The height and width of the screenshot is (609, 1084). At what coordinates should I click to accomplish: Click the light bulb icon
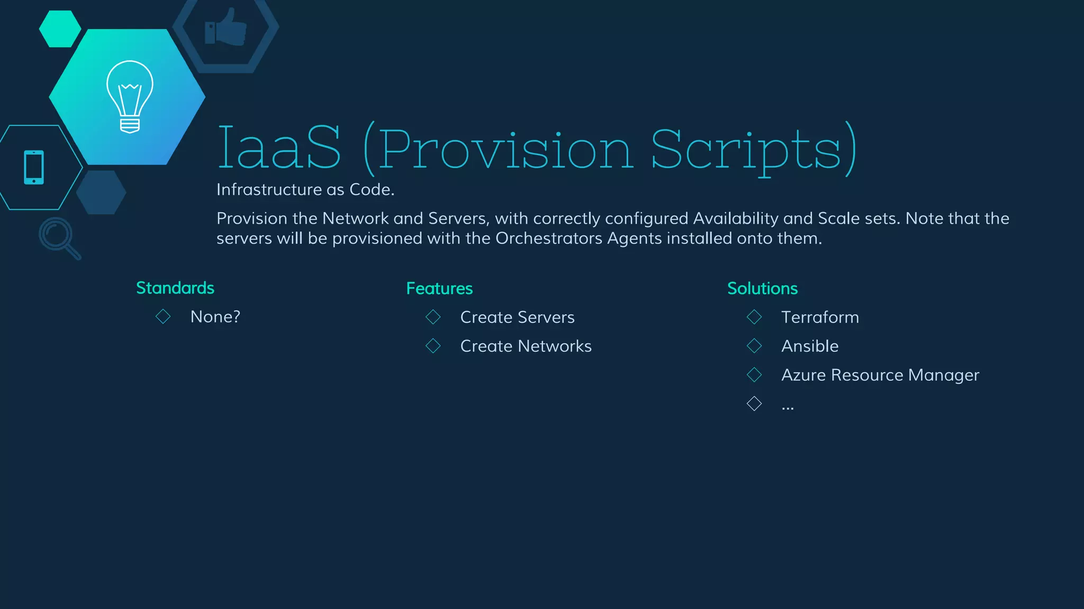pyautogui.click(x=130, y=96)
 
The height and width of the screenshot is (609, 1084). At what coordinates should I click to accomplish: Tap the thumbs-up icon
pyautogui.click(x=226, y=27)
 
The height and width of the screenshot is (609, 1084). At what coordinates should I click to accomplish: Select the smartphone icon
pyautogui.click(x=34, y=167)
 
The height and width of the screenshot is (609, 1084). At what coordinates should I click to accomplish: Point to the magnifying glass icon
pyautogui.click(x=59, y=237)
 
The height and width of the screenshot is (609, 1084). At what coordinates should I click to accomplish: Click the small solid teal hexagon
pyautogui.click(x=60, y=29)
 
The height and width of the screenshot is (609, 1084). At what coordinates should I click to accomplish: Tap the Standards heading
pyautogui.click(x=175, y=288)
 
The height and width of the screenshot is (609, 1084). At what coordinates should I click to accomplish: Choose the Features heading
pyautogui.click(x=439, y=289)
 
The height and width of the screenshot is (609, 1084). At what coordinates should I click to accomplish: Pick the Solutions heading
pyautogui.click(x=762, y=289)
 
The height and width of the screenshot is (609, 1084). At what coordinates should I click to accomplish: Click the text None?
pyautogui.click(x=215, y=317)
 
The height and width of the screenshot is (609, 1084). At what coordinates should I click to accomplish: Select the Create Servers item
pyautogui.click(x=517, y=317)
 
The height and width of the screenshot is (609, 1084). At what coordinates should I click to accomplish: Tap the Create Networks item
pyautogui.click(x=526, y=346)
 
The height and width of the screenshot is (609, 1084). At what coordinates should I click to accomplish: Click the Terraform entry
pyautogui.click(x=820, y=317)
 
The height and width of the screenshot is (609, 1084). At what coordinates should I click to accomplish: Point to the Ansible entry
pyautogui.click(x=810, y=346)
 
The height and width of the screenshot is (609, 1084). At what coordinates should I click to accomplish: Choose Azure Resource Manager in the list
pyautogui.click(x=880, y=375)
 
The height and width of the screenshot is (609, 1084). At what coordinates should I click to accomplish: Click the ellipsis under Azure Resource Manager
pyautogui.click(x=788, y=406)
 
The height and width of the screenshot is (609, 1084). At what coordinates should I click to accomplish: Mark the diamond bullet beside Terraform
pyautogui.click(x=754, y=317)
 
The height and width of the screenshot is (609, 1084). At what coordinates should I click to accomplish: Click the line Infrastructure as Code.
pyautogui.click(x=305, y=189)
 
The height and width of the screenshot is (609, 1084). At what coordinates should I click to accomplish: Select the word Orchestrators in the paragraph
pyautogui.click(x=549, y=238)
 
